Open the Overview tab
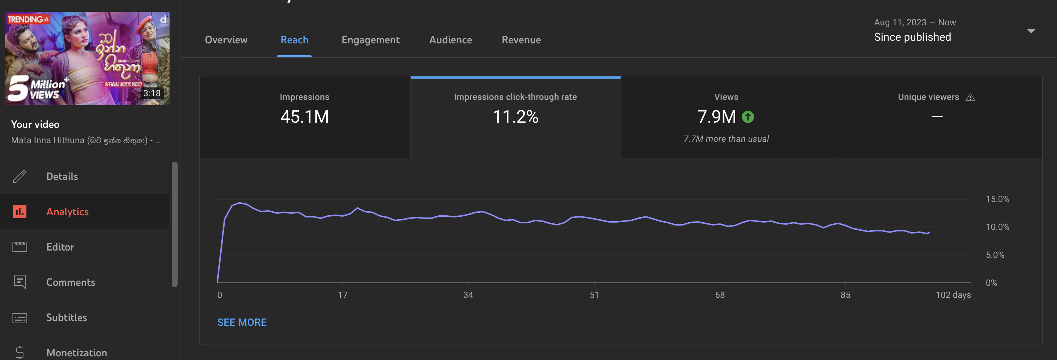226,40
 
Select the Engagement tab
371,40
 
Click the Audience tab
451,40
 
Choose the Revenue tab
521,40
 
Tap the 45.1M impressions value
305,116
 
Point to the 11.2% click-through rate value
515,116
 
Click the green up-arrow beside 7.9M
748,117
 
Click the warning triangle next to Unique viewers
970,97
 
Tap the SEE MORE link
242,322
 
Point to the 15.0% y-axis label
997,199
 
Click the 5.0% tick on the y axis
995,255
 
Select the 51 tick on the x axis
594,295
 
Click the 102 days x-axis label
953,295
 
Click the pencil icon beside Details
20,176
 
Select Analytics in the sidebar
67,211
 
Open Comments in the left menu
70,282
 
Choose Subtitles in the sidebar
66,317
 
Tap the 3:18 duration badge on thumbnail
152,93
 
